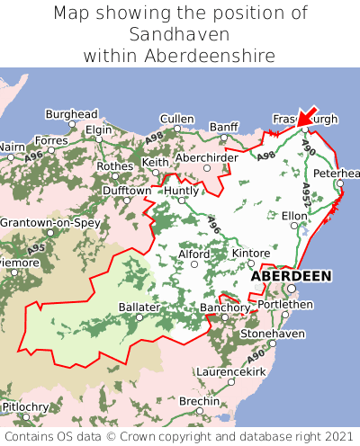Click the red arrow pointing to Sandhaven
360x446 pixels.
point(310,114)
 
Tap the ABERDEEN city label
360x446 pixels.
point(290,276)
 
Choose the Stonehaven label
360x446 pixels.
point(273,334)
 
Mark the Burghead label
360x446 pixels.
point(71,115)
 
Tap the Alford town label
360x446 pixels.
point(194,254)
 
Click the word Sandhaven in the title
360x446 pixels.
point(179,34)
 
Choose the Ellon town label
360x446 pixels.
point(294,216)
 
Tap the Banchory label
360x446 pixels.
point(224,307)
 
